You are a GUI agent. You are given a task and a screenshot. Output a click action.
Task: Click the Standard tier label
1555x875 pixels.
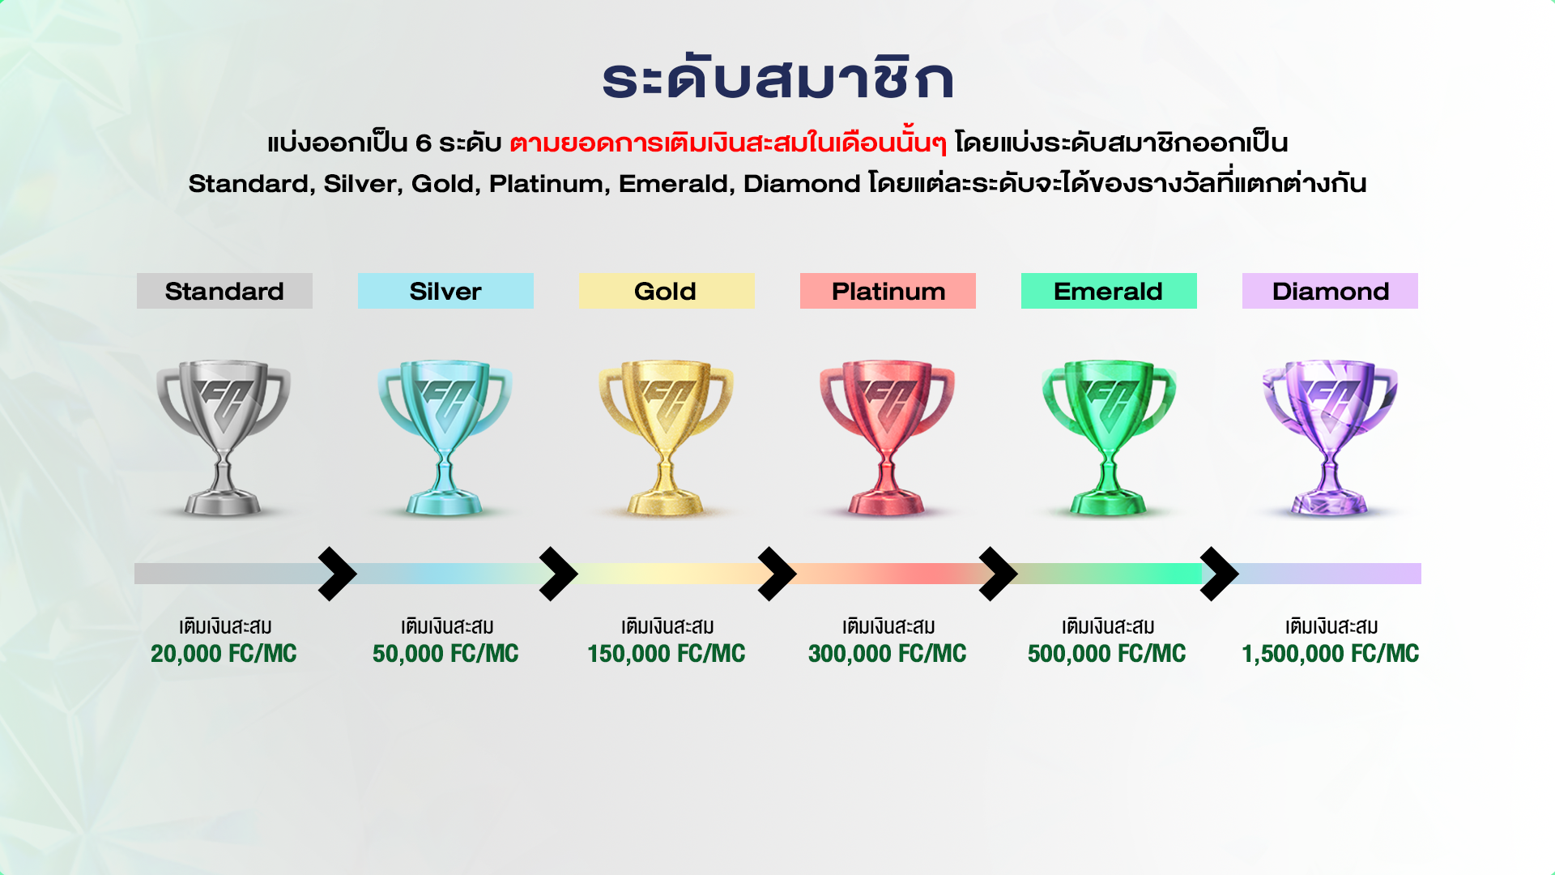(224, 291)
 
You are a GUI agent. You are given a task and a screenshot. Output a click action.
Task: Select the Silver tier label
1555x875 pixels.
(445, 291)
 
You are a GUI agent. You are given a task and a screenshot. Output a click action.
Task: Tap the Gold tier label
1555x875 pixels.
(667, 291)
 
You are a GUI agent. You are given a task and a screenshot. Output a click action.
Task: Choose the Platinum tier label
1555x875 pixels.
(888, 291)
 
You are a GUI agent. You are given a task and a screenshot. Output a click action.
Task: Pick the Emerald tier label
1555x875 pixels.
(1109, 291)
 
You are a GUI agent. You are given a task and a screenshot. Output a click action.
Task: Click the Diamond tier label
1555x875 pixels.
(1330, 291)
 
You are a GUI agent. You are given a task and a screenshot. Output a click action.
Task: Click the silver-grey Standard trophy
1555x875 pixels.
(224, 437)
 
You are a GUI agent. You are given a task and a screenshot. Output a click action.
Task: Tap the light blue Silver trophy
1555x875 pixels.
(445, 437)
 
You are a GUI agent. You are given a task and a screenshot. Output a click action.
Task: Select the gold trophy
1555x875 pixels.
(666, 437)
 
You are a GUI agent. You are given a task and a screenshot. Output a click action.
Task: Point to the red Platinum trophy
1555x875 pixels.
(887, 437)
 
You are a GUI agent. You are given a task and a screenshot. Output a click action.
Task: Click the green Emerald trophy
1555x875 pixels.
(1109, 437)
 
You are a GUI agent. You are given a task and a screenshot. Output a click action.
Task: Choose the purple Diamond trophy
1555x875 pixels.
(1330, 437)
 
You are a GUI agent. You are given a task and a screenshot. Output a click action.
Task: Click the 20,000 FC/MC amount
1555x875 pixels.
(224, 654)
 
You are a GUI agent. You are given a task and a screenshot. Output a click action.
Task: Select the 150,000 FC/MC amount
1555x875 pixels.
(667, 654)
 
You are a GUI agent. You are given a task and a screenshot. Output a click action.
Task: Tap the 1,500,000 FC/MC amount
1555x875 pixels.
(1331, 654)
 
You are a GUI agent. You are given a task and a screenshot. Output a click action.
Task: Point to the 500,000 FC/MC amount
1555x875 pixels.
(1107, 654)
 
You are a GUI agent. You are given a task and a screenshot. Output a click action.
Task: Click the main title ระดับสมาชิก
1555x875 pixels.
(777, 79)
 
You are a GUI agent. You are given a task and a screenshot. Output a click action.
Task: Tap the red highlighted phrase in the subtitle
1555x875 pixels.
(728, 142)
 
